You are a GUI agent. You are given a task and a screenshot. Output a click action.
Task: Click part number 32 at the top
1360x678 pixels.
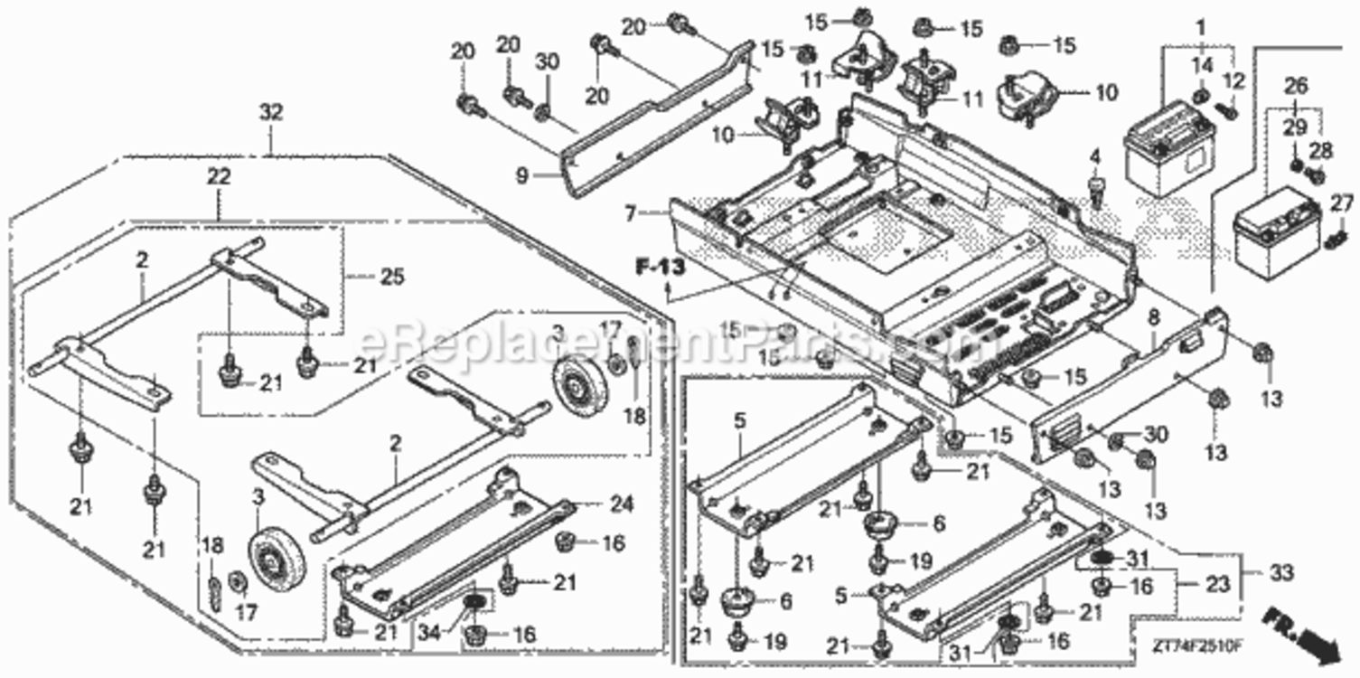click(271, 112)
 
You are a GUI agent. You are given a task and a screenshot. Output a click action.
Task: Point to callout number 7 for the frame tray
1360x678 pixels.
click(630, 215)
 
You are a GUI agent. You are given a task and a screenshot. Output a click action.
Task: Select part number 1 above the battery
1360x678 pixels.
click(1201, 29)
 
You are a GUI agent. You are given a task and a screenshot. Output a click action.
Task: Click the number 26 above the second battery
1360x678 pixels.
click(1296, 87)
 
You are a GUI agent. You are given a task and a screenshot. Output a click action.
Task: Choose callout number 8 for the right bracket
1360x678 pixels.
click(1153, 316)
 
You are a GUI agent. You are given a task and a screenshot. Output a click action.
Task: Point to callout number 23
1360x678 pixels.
click(1217, 584)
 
